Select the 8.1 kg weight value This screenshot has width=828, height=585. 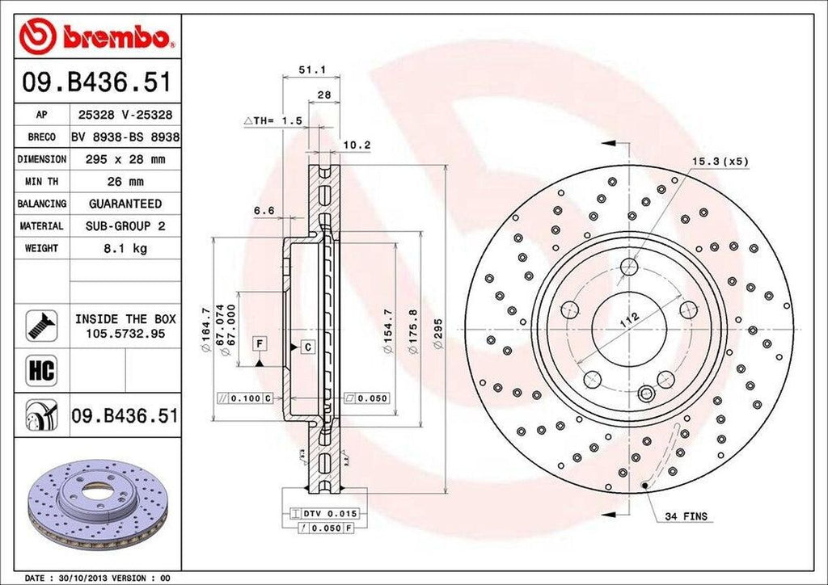(125, 249)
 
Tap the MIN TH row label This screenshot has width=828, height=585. (41, 182)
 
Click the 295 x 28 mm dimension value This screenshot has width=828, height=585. (125, 160)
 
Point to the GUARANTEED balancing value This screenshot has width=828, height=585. (125, 204)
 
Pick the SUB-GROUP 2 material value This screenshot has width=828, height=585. (125, 227)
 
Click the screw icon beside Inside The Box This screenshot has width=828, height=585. (40, 325)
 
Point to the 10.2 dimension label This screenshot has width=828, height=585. (357, 145)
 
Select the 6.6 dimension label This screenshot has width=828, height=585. (264, 211)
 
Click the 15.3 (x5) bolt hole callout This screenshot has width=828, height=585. (719, 161)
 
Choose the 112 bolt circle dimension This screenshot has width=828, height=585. (629, 320)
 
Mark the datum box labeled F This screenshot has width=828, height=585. (259, 343)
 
